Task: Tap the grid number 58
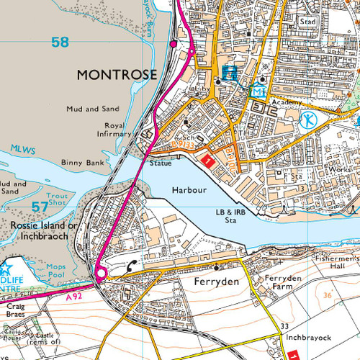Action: tap(60, 42)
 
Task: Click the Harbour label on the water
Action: tap(189, 189)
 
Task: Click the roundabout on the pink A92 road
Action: tap(99, 273)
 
